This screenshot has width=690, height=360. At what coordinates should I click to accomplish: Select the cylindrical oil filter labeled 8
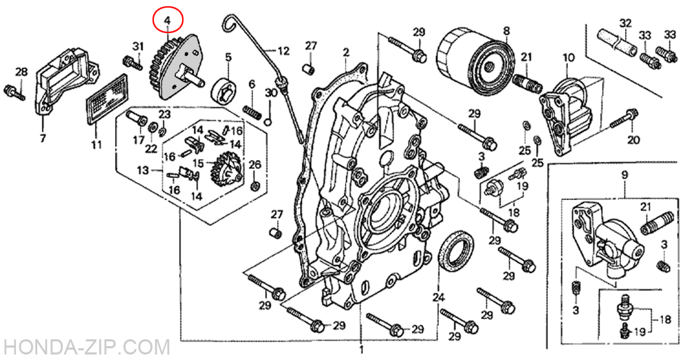pyautogui.click(x=475, y=64)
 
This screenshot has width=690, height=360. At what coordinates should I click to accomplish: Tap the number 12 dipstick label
pyautogui.click(x=284, y=51)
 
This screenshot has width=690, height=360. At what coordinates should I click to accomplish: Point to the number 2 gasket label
pyautogui.click(x=346, y=53)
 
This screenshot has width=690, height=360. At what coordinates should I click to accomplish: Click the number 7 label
pyautogui.click(x=43, y=139)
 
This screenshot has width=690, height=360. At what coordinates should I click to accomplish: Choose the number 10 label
pyautogui.click(x=568, y=57)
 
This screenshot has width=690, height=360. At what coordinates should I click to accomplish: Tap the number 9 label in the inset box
pyautogui.click(x=625, y=175)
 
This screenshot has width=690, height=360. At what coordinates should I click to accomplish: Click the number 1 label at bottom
pyautogui.click(x=362, y=351)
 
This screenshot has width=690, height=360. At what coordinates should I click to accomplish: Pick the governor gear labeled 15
pyautogui.click(x=227, y=169)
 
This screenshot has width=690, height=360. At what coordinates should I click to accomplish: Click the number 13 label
pyautogui.click(x=143, y=170)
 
